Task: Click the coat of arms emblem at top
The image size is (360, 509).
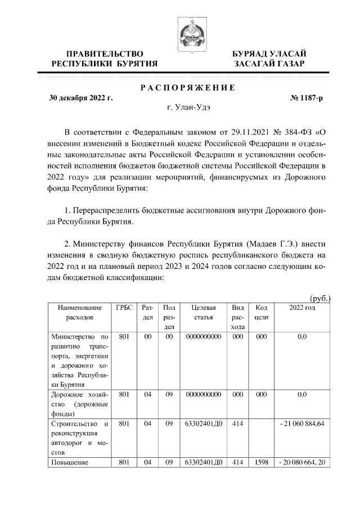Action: [190, 32]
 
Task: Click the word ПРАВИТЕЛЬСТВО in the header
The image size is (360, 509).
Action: [104, 53]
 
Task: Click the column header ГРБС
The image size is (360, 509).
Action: [124, 308]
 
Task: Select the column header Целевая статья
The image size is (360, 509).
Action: [203, 312]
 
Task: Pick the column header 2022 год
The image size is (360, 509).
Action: [302, 308]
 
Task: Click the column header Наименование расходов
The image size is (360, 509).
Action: [79, 312]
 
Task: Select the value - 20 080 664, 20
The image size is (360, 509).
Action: [301, 462]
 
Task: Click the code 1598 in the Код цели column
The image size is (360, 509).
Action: [260, 462]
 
